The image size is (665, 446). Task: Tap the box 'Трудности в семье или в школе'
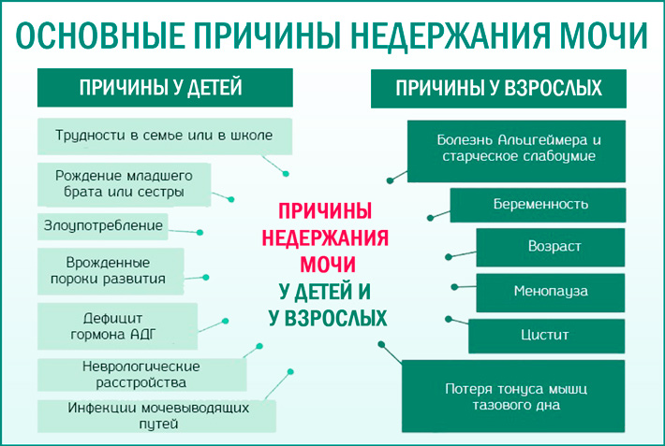point(164,136)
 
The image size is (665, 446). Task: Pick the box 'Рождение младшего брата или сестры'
point(124,183)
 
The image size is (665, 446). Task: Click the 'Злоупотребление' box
point(103,225)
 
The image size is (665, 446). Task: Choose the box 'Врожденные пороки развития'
point(111,270)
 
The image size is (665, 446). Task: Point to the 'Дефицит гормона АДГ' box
point(118,324)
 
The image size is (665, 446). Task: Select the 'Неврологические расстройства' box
point(141,374)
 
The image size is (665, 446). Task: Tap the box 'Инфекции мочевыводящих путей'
point(157,415)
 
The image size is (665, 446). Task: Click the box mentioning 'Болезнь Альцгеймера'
point(518,148)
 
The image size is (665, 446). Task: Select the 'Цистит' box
point(545,335)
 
